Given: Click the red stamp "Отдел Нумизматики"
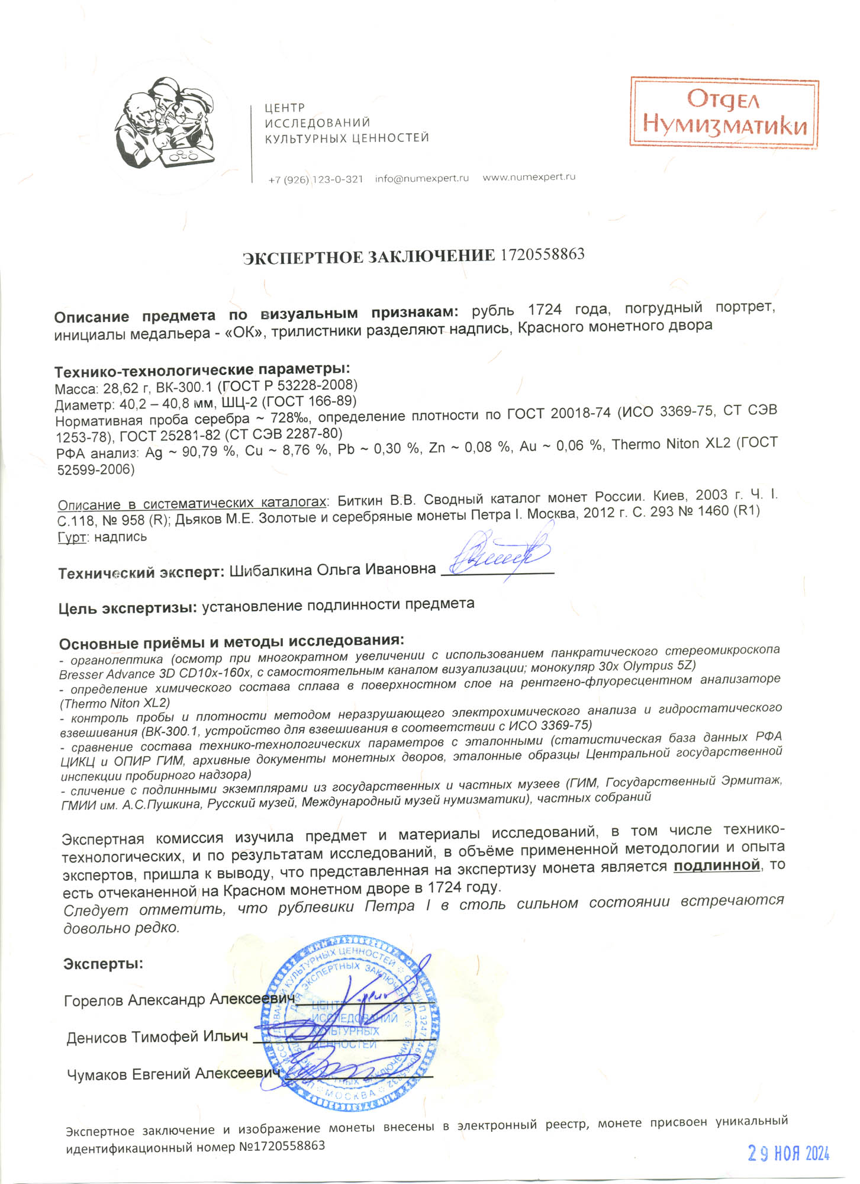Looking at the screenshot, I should pos(724,112).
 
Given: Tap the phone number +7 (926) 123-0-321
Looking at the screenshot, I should pos(315,179).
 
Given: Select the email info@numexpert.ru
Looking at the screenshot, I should pos(421,178).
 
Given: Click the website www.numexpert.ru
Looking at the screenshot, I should pos(529,177).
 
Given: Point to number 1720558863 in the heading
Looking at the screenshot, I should pos(542,255).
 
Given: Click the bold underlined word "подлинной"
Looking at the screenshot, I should pos(717,866).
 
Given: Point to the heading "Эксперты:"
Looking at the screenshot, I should pos(103,964).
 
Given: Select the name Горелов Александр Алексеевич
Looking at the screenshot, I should pos(179,1000).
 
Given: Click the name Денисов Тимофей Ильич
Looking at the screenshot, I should pos(157,1037).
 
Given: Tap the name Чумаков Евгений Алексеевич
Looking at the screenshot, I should pos(173,1074).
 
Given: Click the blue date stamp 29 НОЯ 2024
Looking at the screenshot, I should pos(788,1153).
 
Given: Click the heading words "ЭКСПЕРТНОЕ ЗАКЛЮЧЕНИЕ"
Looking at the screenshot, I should pos(369,257).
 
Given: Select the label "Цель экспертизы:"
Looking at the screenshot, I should pos(127,608).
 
